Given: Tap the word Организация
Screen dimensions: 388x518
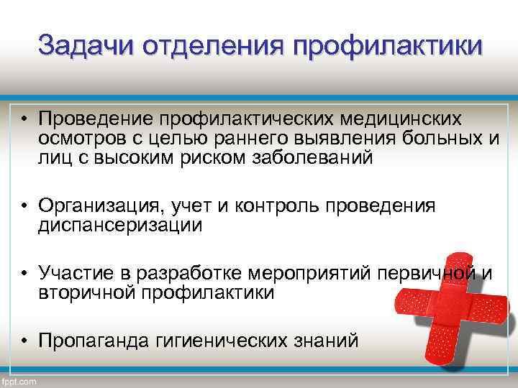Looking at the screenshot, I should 101,206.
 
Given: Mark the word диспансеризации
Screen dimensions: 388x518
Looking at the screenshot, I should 120,226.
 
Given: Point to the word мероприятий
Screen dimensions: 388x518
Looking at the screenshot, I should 306,274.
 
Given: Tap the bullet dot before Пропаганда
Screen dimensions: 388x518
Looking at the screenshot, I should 24,342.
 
